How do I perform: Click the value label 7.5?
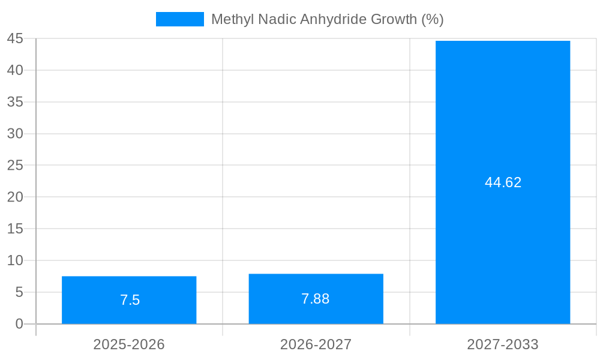pyautogui.click(x=130, y=300)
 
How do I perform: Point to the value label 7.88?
pyautogui.click(x=316, y=299)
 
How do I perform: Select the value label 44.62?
pyautogui.click(x=503, y=182)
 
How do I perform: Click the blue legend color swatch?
pyautogui.click(x=179, y=19)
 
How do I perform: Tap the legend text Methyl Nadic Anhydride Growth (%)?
pyautogui.click(x=327, y=19)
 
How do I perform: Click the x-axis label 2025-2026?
pyautogui.click(x=129, y=344)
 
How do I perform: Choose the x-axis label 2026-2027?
pyautogui.click(x=316, y=344)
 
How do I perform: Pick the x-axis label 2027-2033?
pyautogui.click(x=503, y=344)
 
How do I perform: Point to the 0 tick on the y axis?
pyautogui.click(x=19, y=324)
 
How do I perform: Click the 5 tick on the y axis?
pyautogui.click(x=19, y=292)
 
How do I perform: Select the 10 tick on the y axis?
pyautogui.click(x=15, y=260)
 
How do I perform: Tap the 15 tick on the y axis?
pyautogui.click(x=15, y=229)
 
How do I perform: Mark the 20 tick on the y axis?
pyautogui.click(x=15, y=197)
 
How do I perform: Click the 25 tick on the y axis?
pyautogui.click(x=15, y=165)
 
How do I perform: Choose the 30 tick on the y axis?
pyautogui.click(x=15, y=133)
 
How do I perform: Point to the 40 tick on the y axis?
pyautogui.click(x=15, y=70)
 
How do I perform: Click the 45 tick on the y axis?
pyautogui.click(x=15, y=38)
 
